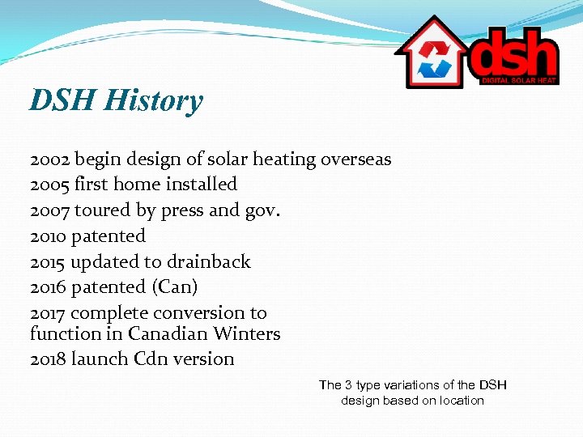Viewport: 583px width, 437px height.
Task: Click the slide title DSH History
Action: coord(116,101)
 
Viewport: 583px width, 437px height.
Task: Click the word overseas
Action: coord(355,159)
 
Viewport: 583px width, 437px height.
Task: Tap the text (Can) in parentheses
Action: coord(179,287)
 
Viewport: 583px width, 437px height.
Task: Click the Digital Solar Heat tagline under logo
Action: coord(518,80)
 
